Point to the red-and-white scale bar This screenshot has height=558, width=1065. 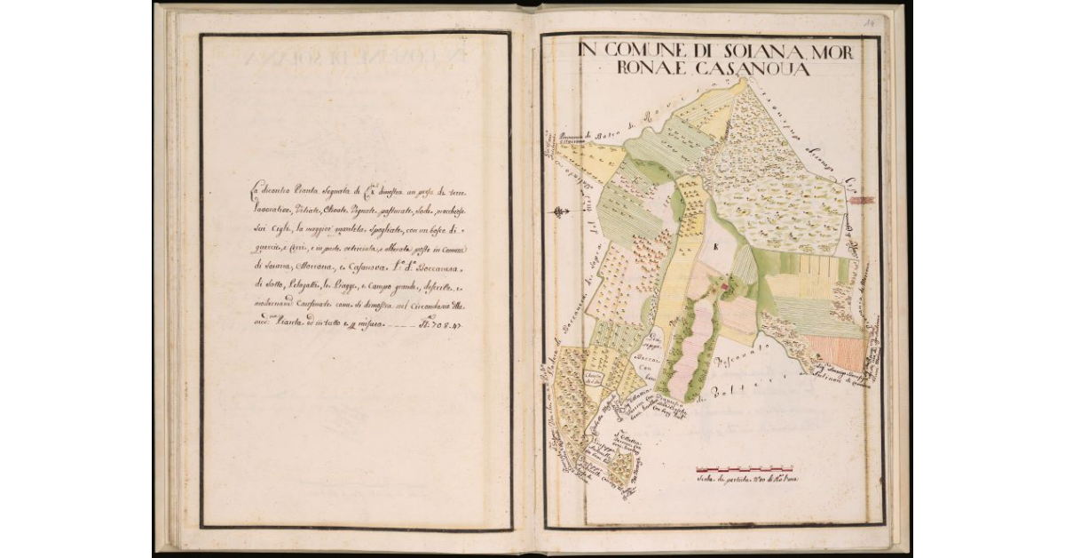[744, 467]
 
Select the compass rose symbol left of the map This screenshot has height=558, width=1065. [559, 211]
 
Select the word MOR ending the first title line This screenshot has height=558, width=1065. [832, 52]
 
